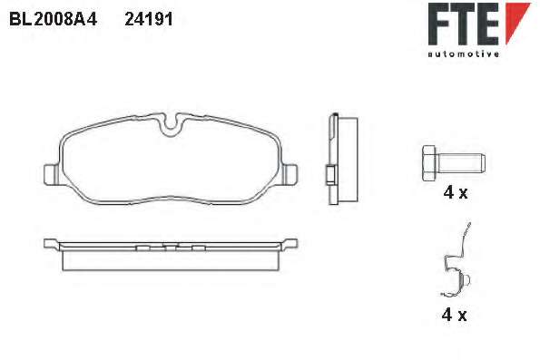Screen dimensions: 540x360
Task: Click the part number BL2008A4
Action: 53,19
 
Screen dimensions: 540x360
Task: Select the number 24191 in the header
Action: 149,19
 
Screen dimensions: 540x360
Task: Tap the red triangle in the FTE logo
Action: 517,21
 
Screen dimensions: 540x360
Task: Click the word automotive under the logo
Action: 464,54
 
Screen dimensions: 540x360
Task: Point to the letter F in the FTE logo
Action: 439,24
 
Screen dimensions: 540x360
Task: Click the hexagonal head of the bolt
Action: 429,163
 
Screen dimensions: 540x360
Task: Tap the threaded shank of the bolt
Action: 461,163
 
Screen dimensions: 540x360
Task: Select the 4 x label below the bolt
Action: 456,193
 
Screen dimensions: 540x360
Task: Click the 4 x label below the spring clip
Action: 454,315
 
